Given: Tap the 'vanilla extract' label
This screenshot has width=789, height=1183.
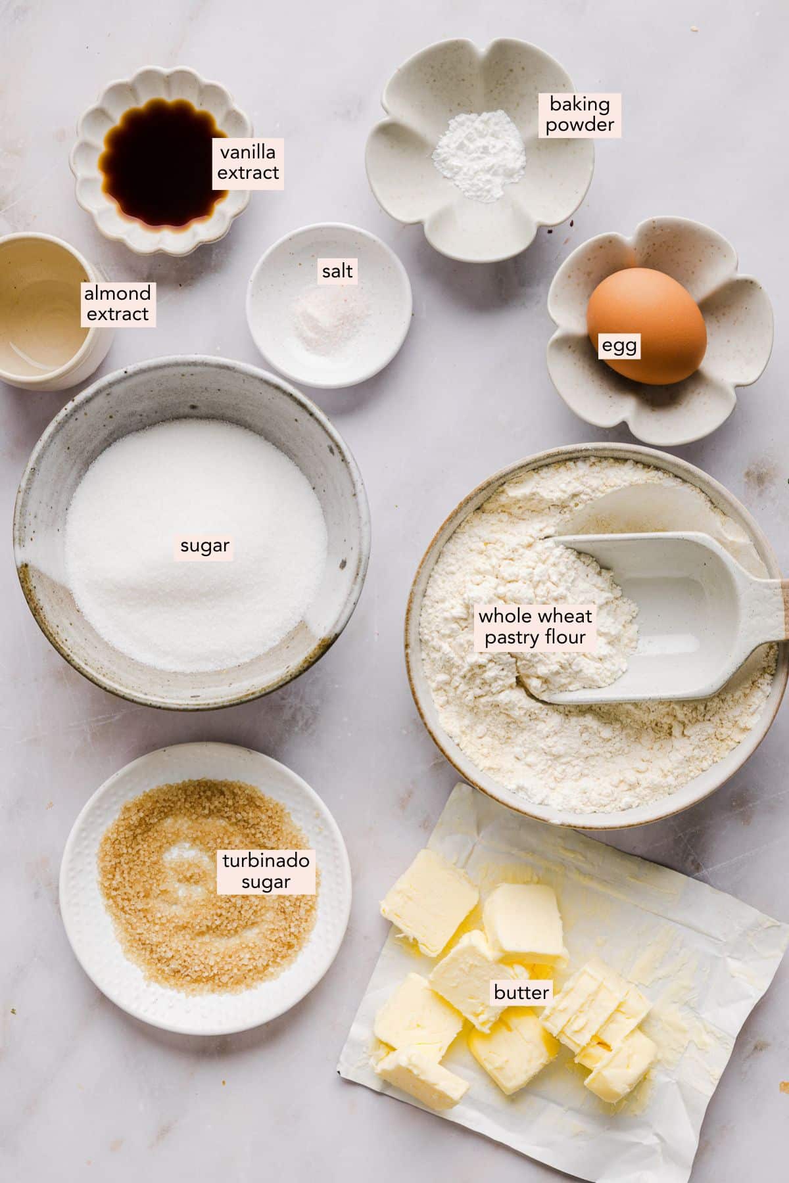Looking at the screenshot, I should click(x=248, y=163).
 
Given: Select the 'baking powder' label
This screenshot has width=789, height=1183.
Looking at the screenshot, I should click(x=579, y=114).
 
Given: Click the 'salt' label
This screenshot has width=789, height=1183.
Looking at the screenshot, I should click(x=337, y=270).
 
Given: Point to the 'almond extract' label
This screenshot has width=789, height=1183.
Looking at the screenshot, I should click(x=117, y=304).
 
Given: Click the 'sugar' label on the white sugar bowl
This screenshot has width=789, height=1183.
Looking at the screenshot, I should click(x=204, y=545).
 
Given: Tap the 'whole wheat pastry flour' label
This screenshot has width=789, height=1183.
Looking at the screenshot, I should click(x=535, y=626).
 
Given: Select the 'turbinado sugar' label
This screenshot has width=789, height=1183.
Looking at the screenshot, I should click(x=266, y=871).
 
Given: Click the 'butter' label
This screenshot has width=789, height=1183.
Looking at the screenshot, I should click(x=521, y=992).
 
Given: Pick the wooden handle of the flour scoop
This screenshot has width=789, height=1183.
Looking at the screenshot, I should click(x=784, y=611).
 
